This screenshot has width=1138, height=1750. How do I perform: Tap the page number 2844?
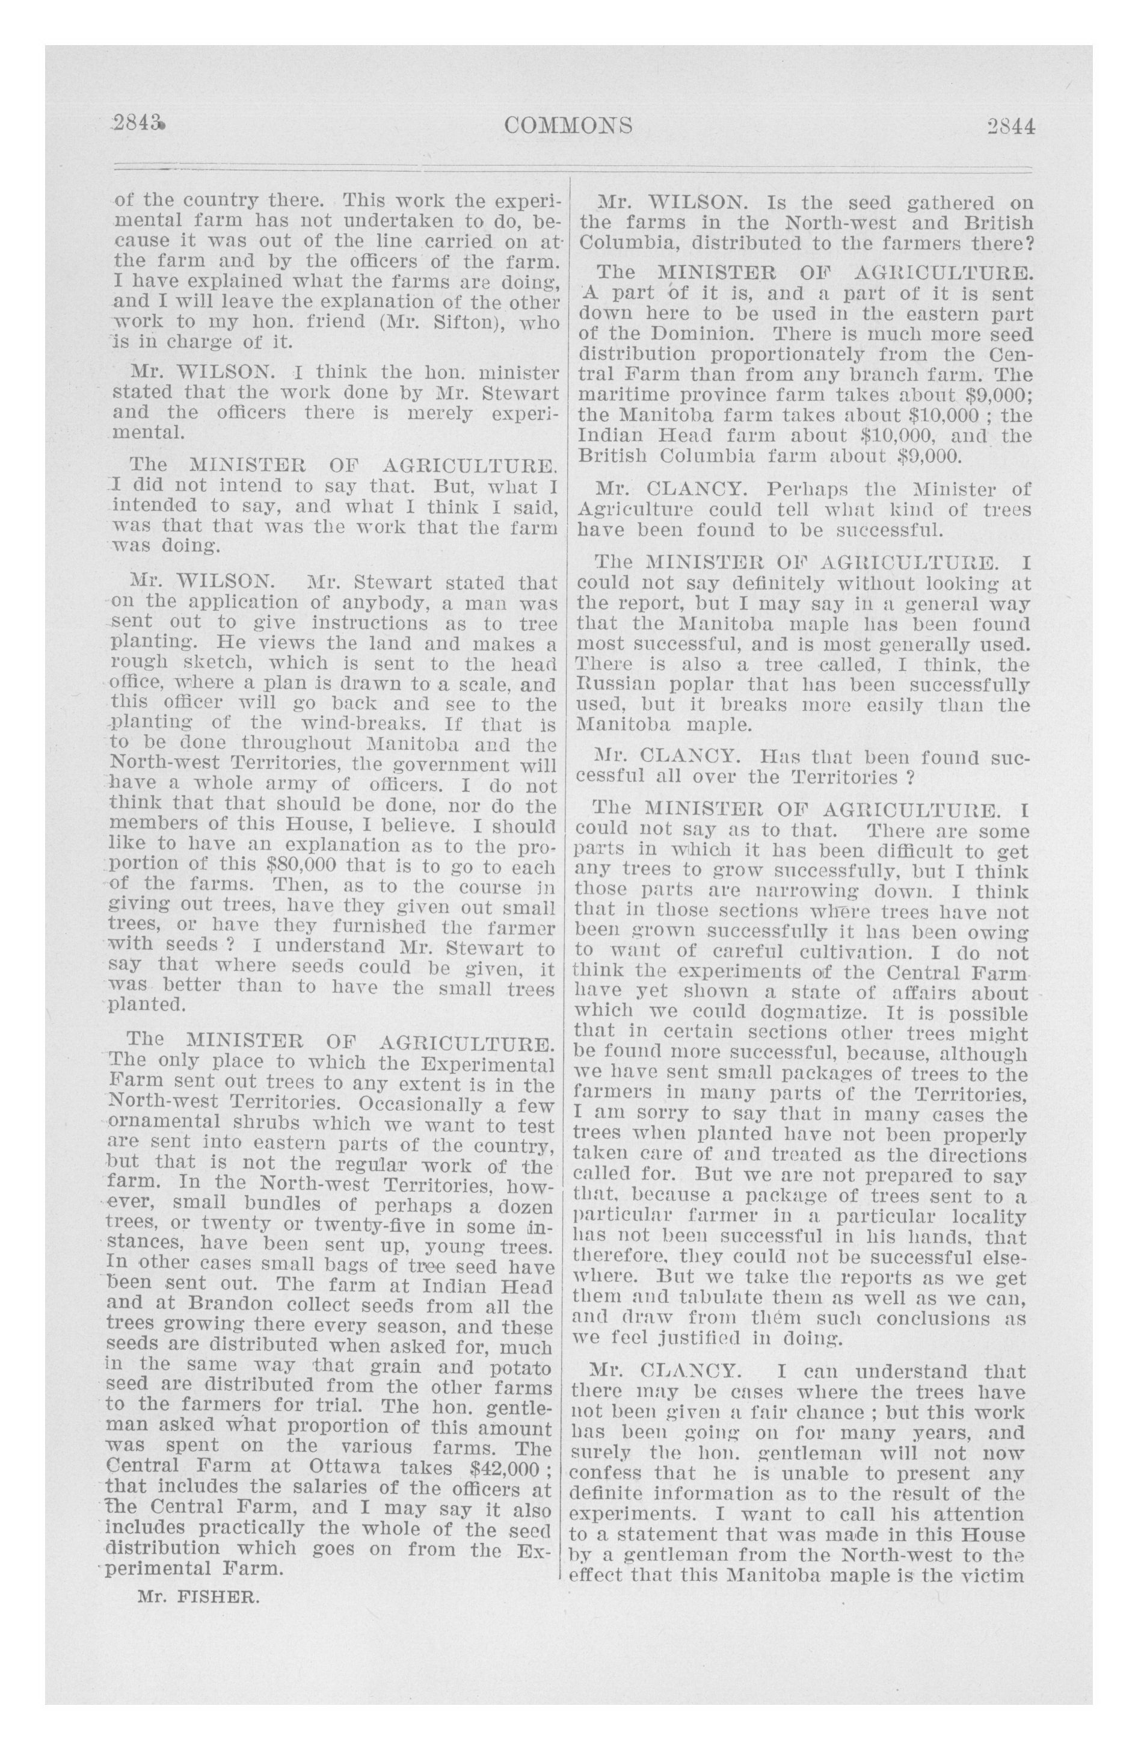point(1011,126)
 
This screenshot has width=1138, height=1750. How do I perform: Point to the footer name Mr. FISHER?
point(198,1598)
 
